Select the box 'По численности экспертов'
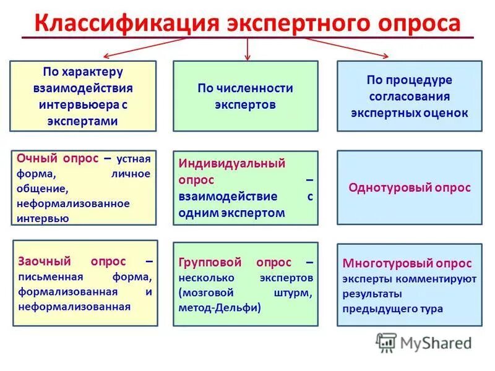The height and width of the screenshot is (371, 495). click(x=246, y=96)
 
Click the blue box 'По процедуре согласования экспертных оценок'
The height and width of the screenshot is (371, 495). click(x=409, y=96)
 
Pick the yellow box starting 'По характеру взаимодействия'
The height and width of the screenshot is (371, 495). click(x=83, y=96)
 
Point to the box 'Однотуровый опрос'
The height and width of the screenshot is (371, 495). click(x=409, y=187)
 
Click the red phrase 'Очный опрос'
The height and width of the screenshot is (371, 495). click(x=58, y=158)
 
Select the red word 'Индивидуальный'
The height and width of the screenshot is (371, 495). click(x=232, y=164)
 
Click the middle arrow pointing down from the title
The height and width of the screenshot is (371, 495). click(x=247, y=48)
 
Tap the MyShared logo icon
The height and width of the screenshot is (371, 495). click(x=386, y=342)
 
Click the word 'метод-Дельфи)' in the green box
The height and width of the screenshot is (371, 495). click(x=220, y=307)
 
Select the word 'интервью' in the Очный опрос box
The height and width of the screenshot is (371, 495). click(x=44, y=218)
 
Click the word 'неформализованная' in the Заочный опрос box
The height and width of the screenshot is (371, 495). click(x=74, y=306)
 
